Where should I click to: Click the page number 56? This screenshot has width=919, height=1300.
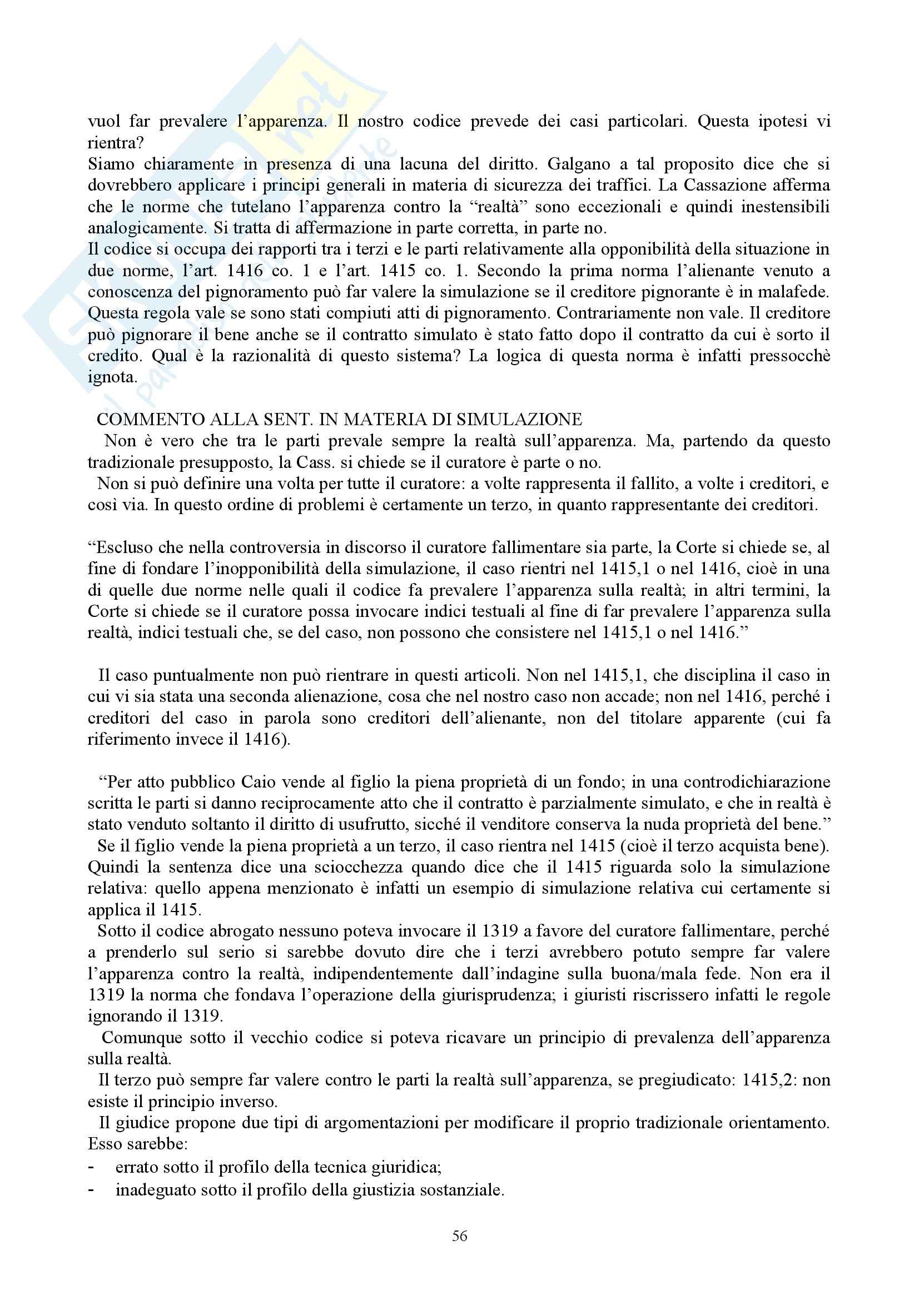point(459,1236)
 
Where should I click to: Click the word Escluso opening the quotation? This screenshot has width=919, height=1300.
point(122,547)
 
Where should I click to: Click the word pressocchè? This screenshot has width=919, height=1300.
point(789,356)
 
